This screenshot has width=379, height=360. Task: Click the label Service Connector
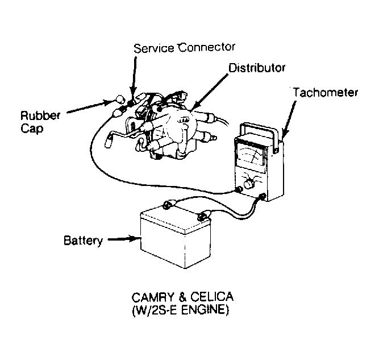coord(184,48)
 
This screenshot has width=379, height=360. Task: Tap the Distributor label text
coord(257,68)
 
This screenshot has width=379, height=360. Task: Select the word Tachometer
coord(326,93)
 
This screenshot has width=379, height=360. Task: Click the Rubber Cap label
coord(40,122)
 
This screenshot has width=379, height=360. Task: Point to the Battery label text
coord(83,241)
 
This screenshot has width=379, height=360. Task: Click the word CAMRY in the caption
coord(153,297)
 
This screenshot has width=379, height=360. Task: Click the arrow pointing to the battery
coord(124,239)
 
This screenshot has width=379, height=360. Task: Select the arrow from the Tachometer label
coord(289,118)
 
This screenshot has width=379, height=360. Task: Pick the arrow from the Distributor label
coord(209,91)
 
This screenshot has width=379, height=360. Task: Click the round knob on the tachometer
coord(249,184)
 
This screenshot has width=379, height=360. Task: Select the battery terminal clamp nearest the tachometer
coord(202,216)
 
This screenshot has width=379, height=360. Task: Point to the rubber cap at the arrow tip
coord(120,99)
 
